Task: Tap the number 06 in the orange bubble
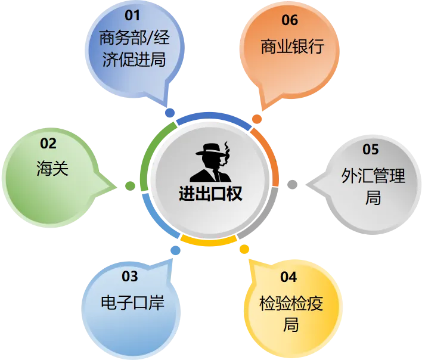point(290,20)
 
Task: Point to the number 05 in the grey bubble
point(371,150)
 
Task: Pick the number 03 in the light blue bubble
point(129,277)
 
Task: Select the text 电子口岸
point(132,303)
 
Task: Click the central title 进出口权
point(210,194)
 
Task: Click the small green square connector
point(129,186)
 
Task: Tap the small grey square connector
point(293,184)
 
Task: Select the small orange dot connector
point(257,119)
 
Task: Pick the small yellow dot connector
point(244,249)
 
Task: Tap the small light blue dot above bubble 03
point(175,252)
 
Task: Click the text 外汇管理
point(373,176)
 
